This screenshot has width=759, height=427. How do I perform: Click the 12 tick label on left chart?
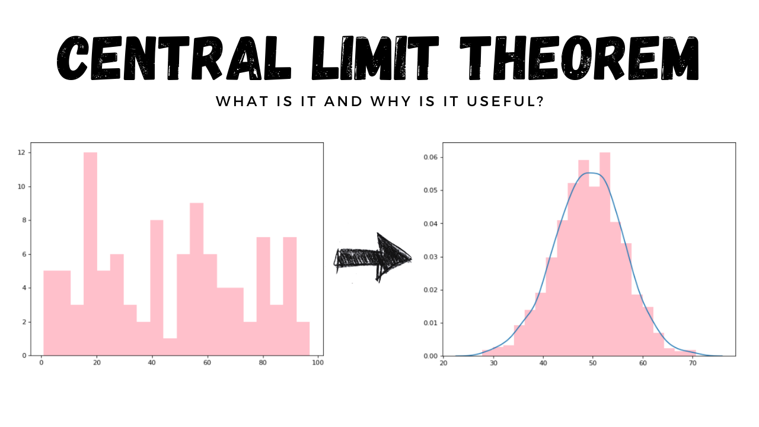[x=21, y=153]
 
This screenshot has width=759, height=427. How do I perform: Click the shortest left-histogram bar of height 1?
[x=170, y=346]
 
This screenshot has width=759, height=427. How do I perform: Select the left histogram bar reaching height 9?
[x=196, y=279]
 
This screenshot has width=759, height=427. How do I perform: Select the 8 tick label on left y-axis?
[x=23, y=221]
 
